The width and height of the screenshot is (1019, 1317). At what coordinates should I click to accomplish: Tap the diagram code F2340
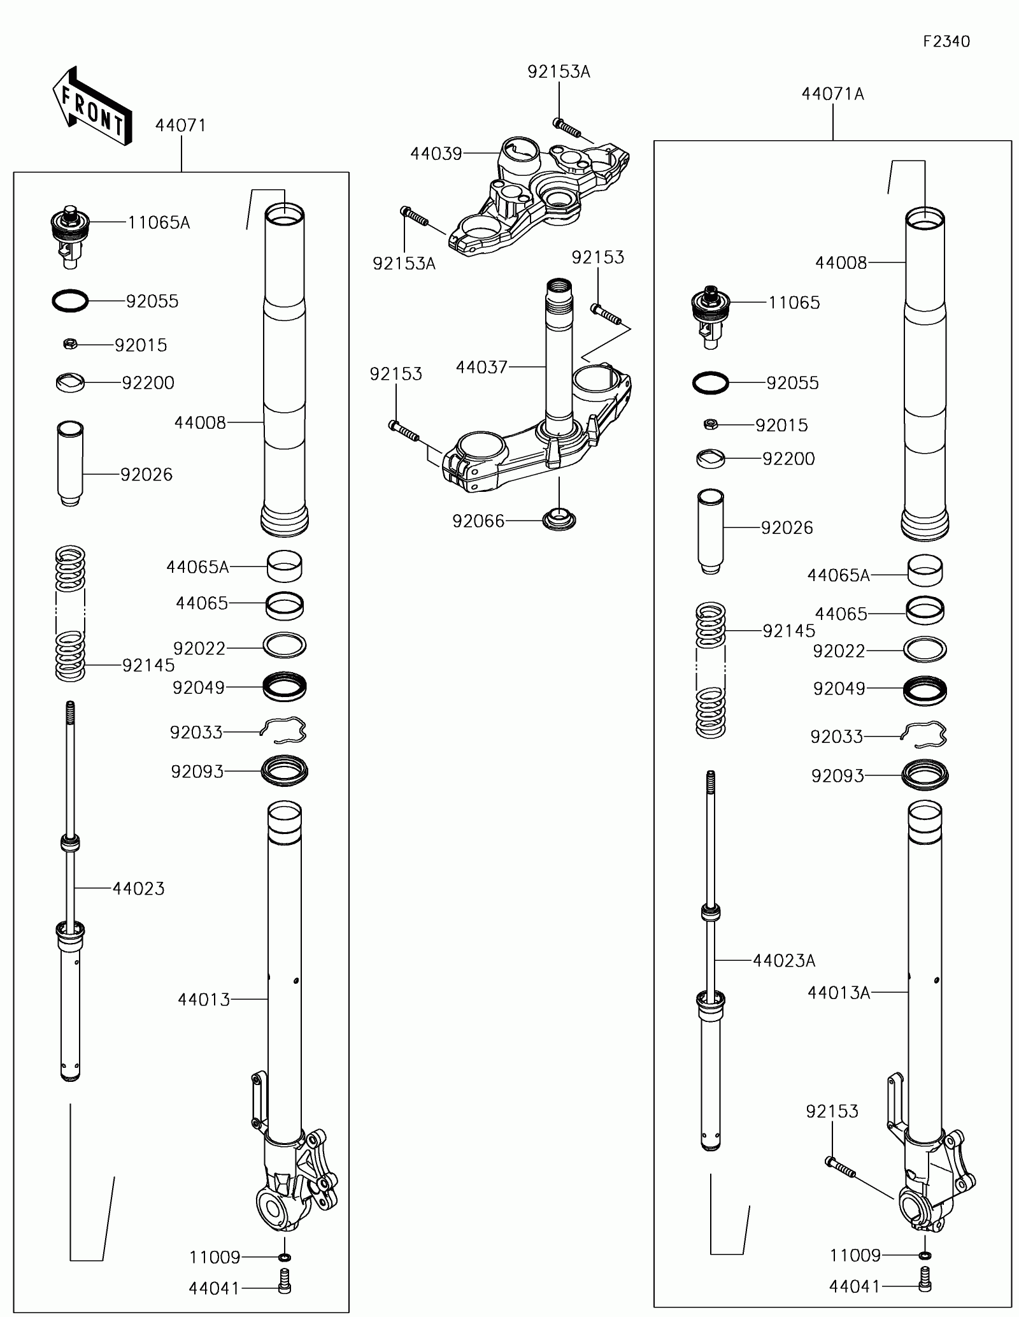[x=946, y=42]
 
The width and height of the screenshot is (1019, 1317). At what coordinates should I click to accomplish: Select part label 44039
[x=436, y=154]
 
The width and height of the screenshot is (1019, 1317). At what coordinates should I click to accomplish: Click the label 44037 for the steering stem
[x=481, y=367]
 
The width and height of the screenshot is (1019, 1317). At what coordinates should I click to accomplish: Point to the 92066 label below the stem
[x=478, y=521]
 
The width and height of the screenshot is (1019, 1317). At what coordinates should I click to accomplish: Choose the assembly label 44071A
[x=832, y=94]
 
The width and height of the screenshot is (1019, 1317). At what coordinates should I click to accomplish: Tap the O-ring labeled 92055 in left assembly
[x=70, y=301]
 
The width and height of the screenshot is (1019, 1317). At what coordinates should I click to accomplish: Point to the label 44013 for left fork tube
[x=204, y=1000]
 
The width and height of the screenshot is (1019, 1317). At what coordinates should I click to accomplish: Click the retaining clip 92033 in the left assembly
[x=284, y=731]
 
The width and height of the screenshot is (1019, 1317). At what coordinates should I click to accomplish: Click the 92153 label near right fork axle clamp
[x=832, y=1111]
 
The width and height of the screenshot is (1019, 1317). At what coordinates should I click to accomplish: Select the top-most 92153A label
[x=559, y=72]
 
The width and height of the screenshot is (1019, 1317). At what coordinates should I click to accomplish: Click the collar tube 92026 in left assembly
[x=70, y=463]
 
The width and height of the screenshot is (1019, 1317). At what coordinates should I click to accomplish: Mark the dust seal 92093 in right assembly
[x=925, y=775]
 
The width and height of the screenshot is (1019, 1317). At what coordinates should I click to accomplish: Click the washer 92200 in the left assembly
[x=70, y=383]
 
